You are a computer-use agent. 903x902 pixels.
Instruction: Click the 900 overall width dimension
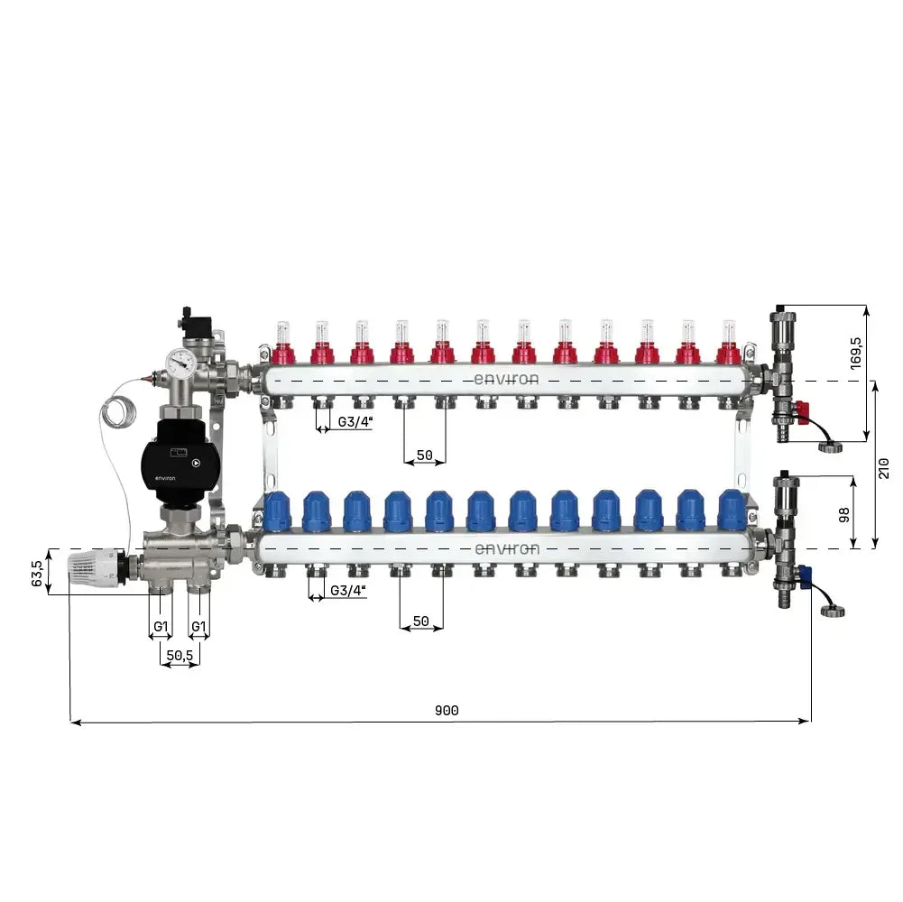tap(447, 711)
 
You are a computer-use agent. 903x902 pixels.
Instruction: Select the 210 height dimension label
tap(884, 467)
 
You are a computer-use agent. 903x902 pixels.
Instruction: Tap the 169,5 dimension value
tap(855, 353)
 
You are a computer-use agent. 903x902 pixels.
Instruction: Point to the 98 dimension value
tap(843, 514)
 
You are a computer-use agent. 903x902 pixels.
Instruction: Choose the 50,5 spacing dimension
tap(180, 656)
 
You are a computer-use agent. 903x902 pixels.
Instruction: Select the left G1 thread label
tap(161, 626)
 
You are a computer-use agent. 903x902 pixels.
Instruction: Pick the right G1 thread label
tap(198, 626)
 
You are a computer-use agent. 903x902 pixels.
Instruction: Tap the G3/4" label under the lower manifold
tap(348, 590)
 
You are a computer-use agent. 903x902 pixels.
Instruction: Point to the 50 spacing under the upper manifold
tap(424, 455)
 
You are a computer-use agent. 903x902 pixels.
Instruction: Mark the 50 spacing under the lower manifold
tap(420, 621)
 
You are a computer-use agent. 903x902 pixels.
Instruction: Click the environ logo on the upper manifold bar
tap(506, 380)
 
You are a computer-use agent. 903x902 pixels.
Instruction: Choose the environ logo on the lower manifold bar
tap(506, 548)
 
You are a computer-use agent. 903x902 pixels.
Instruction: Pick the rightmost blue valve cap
tap(732, 511)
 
